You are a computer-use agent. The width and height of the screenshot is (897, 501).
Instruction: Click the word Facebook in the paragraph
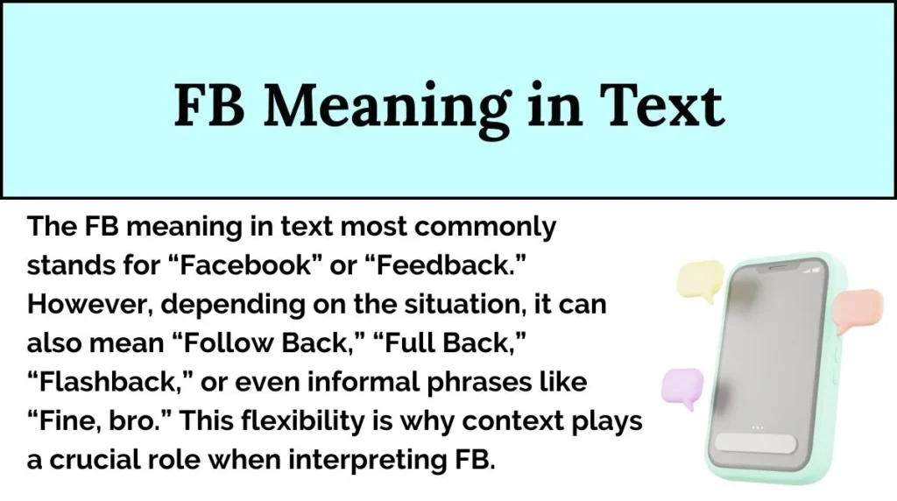tap(259, 266)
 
